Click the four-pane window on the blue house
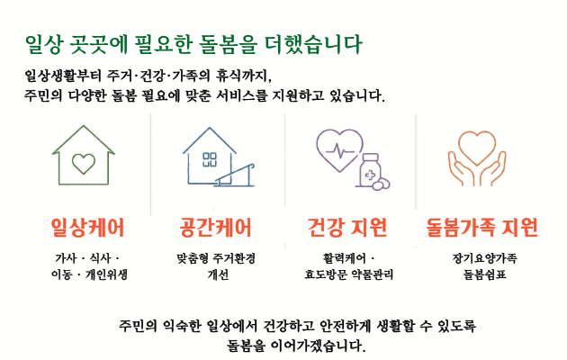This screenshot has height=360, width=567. pyautogui.click(x=210, y=159)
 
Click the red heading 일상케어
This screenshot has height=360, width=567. pyautogui.click(x=88, y=228)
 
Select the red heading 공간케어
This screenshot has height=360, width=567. pyautogui.click(x=215, y=228)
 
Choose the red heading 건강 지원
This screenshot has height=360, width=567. pyautogui.click(x=347, y=228)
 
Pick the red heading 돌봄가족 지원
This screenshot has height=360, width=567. pyautogui.click(x=482, y=228)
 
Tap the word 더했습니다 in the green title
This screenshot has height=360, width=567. pyautogui.click(x=313, y=44)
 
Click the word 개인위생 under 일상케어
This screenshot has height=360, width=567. pyautogui.click(x=106, y=274)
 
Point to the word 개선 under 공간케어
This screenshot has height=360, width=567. pyautogui.click(x=218, y=274)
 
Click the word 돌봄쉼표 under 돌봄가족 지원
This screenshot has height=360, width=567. pyautogui.click(x=484, y=274)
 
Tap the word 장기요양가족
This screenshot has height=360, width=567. pyautogui.click(x=484, y=258)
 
